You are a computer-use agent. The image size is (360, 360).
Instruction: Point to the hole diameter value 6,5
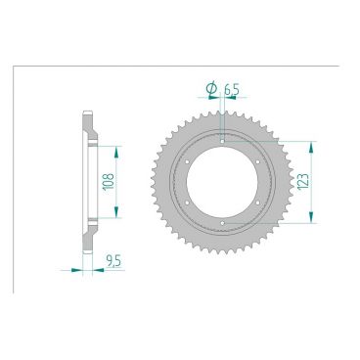pyautogui.click(x=231, y=91)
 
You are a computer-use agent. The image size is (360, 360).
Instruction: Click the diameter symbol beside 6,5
pyautogui.click(x=211, y=91)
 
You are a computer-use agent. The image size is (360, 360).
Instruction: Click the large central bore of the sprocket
pyautogui.click(x=224, y=182)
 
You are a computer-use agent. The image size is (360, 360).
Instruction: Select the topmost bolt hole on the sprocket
pyautogui.click(x=224, y=141)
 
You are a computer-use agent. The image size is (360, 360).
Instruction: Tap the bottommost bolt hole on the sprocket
pyautogui.click(x=224, y=224)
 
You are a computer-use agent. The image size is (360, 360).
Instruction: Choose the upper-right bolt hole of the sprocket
pyautogui.click(x=261, y=161)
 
